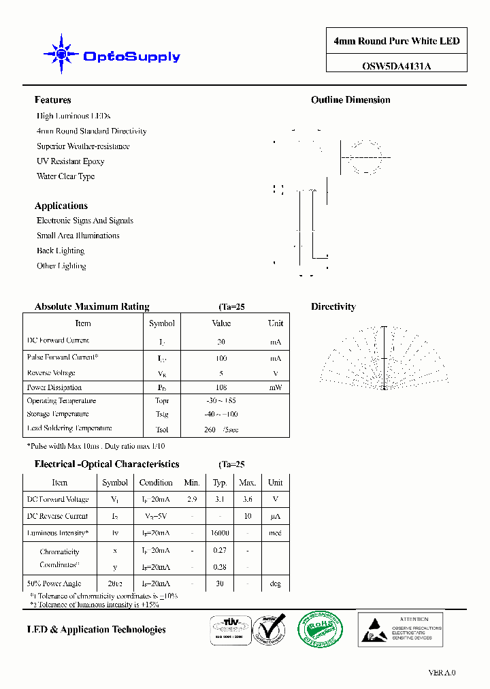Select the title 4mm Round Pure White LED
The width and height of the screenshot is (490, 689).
coord(396,42)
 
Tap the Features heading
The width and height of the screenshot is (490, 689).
coord(52,100)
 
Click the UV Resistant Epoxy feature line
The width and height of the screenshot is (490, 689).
coord(70,161)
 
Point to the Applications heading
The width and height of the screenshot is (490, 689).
coord(61,206)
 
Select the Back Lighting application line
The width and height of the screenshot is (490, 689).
coord(61,251)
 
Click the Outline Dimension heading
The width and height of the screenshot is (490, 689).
coord(350,100)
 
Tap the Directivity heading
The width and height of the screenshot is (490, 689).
coord(333,307)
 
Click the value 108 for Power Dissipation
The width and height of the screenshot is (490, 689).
coord(220,387)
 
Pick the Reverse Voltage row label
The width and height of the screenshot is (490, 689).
coord(51,373)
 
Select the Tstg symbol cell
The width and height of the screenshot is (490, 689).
coord(161,414)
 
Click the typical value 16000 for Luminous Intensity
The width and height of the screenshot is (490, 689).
coord(220,533)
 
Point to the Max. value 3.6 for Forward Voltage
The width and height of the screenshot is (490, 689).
coord(247,499)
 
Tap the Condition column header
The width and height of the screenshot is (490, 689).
coord(156,482)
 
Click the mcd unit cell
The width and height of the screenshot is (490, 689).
coord(275,533)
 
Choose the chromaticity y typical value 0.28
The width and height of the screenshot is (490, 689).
coord(220,566)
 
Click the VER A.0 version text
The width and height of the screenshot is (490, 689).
coord(442,673)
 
